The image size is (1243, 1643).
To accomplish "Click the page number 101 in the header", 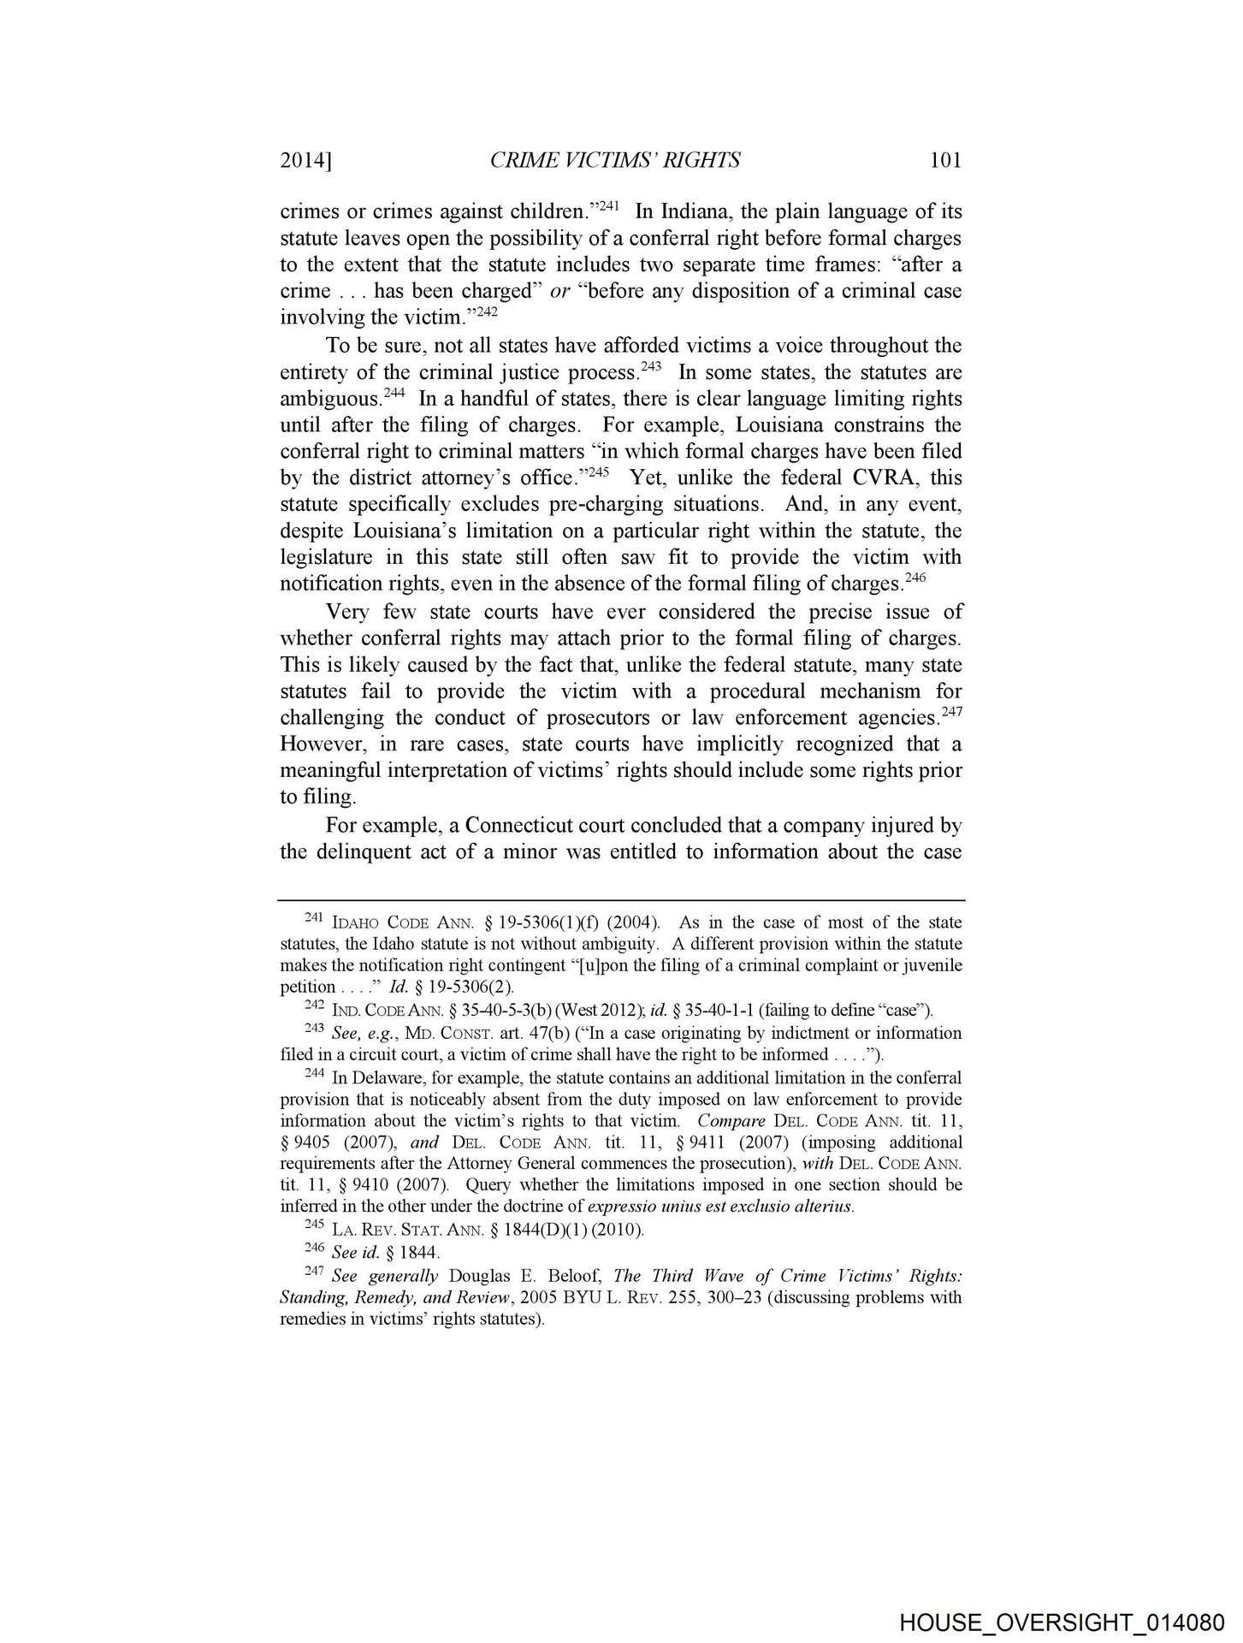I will click(x=945, y=160).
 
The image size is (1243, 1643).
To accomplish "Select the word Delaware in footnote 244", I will click(x=379, y=1078).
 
